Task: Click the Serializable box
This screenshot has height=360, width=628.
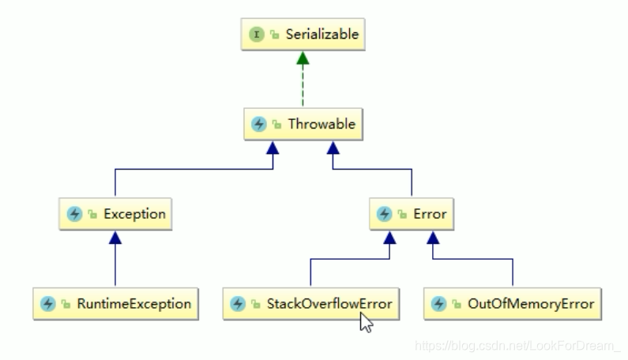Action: pyautogui.click(x=304, y=34)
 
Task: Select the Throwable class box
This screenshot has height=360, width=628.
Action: pyautogui.click(x=303, y=124)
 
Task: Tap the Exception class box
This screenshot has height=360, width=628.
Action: pyautogui.click(x=115, y=214)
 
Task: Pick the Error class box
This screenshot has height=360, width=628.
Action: pyautogui.click(x=412, y=214)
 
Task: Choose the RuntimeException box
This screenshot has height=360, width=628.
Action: pyautogui.click(x=115, y=303)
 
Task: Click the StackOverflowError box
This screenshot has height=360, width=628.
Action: pyautogui.click(x=310, y=303)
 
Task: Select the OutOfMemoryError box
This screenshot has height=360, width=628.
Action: pyautogui.click(x=513, y=303)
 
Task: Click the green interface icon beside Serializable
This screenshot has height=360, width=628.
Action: pyautogui.click(x=258, y=34)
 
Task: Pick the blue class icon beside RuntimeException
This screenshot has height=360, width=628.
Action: pyautogui.click(x=47, y=303)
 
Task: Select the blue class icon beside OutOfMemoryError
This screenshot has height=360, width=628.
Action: pyautogui.click(x=438, y=303)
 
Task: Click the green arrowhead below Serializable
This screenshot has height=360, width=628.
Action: pyautogui.click(x=303, y=59)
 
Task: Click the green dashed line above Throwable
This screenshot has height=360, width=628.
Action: pyautogui.click(x=303, y=87)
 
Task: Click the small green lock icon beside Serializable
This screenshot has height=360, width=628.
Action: pyautogui.click(x=274, y=35)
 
